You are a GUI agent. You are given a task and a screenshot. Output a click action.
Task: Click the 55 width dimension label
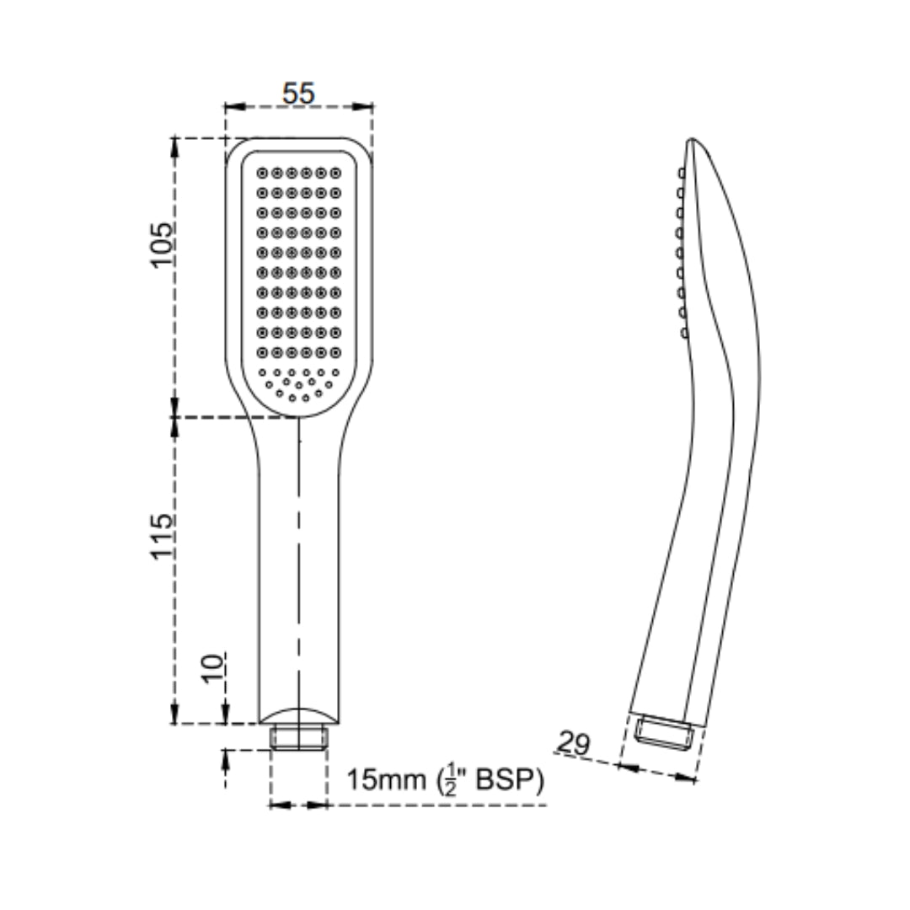coord(298,93)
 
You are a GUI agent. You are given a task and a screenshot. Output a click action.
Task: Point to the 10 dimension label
coord(212,668)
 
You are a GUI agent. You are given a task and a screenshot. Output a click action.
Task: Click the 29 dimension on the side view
coord(574,743)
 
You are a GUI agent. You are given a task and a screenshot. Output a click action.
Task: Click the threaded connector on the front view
coord(299,737)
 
